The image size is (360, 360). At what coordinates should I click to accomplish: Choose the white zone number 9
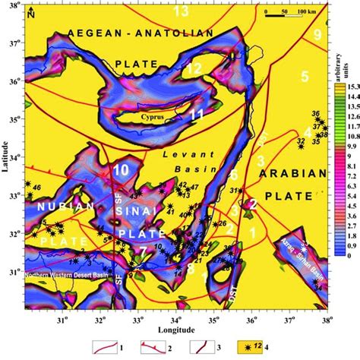[x=317, y=35]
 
